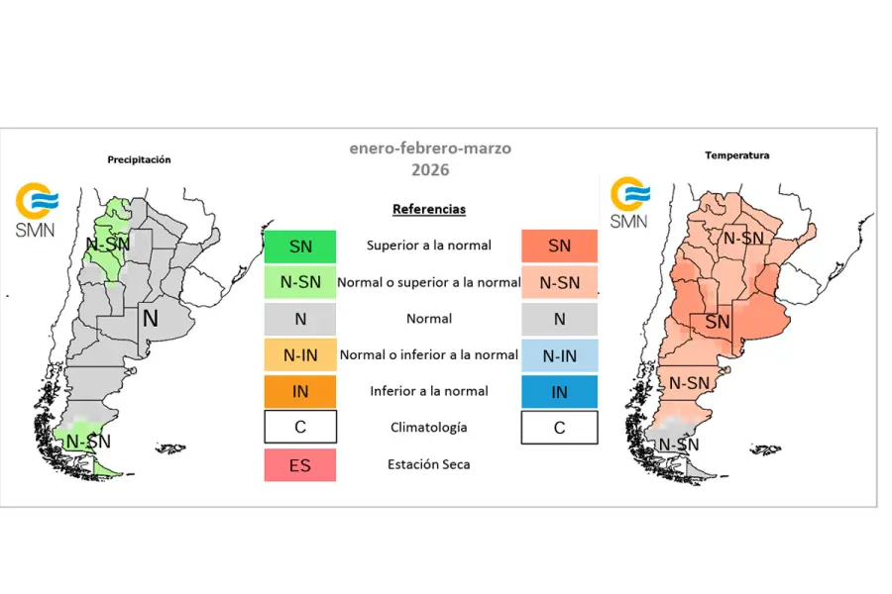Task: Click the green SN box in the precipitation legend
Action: tap(299, 246)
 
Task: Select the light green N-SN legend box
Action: tap(299, 282)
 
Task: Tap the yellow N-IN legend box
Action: tap(299, 354)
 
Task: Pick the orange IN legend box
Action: tap(299, 391)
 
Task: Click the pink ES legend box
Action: tap(299, 464)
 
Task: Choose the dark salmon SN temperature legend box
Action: tap(559, 246)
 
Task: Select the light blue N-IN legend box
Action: tap(559, 354)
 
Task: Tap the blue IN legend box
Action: tap(559, 391)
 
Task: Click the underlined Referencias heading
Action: tap(429, 209)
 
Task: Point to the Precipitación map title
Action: tap(139, 158)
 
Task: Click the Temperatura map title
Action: tap(737, 155)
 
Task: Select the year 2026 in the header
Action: tap(430, 170)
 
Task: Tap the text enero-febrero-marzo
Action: tap(430, 148)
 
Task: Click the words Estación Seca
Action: tap(428, 463)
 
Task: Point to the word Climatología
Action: tap(428, 428)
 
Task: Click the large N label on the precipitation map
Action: tap(150, 319)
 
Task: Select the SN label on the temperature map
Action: tap(717, 323)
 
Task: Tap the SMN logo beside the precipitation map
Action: tap(36, 209)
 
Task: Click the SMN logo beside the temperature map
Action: tap(629, 202)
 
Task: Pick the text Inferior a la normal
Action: tap(428, 391)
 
